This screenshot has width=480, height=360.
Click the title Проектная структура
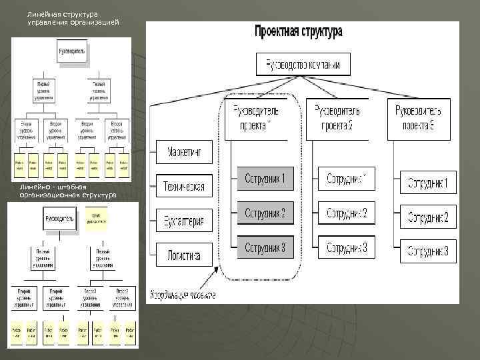[x=298, y=31]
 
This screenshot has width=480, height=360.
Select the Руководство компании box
[x=303, y=65]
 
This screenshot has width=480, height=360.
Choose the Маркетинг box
[x=184, y=151]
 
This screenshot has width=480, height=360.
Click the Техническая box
[x=184, y=186]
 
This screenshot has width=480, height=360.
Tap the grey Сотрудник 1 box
[x=265, y=178]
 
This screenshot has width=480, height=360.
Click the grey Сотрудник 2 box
[x=265, y=213]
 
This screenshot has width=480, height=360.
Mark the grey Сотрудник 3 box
[x=265, y=247]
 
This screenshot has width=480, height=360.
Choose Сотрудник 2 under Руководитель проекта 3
[x=428, y=217]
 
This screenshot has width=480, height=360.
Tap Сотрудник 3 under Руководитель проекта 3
[x=428, y=252]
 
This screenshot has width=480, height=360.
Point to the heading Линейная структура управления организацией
[x=73, y=18]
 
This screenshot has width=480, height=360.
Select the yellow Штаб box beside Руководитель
[x=96, y=217]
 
